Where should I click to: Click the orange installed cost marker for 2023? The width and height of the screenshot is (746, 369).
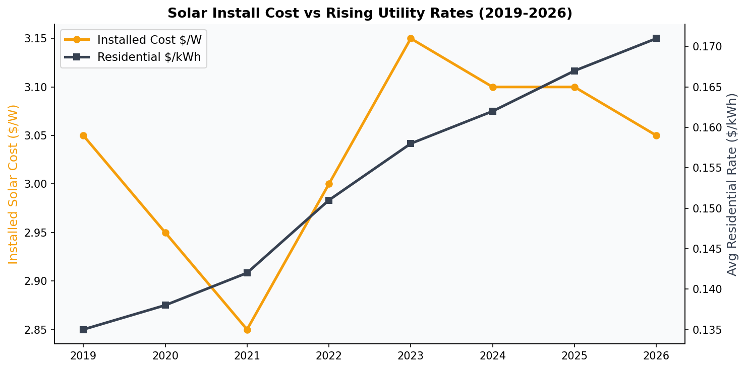pyautogui.click(x=411, y=39)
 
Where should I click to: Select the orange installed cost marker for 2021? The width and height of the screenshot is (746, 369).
pyautogui.click(x=247, y=330)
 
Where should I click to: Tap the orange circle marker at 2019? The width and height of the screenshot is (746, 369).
pyautogui.click(x=83, y=135)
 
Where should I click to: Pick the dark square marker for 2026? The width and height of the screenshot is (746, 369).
pyautogui.click(x=656, y=38)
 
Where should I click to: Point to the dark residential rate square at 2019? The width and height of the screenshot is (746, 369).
pyautogui.click(x=83, y=330)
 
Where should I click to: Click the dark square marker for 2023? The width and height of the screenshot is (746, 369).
pyautogui.click(x=411, y=143)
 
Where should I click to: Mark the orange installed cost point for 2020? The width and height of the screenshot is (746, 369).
pyautogui.click(x=165, y=233)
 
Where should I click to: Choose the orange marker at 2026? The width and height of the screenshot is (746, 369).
pyautogui.click(x=656, y=135)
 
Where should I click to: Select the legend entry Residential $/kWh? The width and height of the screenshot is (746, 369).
pyautogui.click(x=149, y=57)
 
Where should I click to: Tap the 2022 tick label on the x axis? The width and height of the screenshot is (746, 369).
pyautogui.click(x=329, y=356)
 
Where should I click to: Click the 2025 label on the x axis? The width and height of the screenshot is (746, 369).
pyautogui.click(x=575, y=356)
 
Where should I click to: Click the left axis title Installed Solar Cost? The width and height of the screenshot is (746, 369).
pyautogui.click(x=14, y=184)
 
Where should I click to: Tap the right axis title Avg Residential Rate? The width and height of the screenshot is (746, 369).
pyautogui.click(x=732, y=184)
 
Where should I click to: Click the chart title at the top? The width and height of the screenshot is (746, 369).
pyautogui.click(x=370, y=13)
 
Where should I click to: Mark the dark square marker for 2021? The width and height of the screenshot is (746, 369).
pyautogui.click(x=247, y=273)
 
